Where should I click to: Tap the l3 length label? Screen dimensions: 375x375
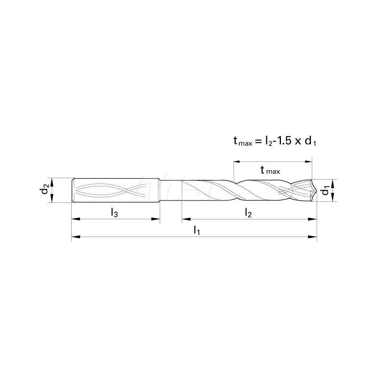pos(115,213)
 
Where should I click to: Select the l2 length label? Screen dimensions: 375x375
pos(248,213)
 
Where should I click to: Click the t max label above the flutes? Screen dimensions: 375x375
pos(270,171)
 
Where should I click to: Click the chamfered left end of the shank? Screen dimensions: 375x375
pos(73,190)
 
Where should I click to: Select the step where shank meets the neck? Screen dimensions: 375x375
pos(160,190)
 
